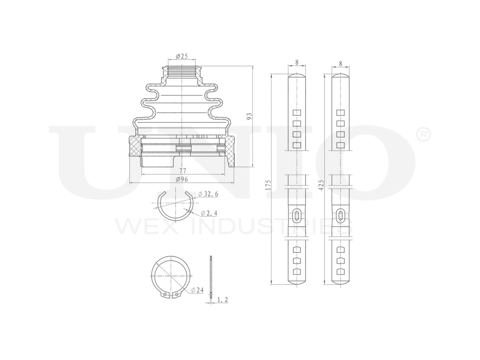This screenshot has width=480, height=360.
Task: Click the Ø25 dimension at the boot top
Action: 181,56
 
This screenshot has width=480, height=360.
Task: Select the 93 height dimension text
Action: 249,117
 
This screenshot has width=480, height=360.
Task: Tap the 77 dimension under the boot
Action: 182,170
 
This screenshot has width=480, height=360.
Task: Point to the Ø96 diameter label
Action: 181,179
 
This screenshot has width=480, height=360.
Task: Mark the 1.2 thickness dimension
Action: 222,300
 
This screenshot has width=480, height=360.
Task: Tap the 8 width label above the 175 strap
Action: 297,62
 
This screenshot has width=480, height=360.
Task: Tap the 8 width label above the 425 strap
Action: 340,62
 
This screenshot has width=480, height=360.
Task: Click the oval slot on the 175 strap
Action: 297,216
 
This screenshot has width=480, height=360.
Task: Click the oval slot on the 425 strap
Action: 340,216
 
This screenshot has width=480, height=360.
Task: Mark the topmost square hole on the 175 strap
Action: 297,113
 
